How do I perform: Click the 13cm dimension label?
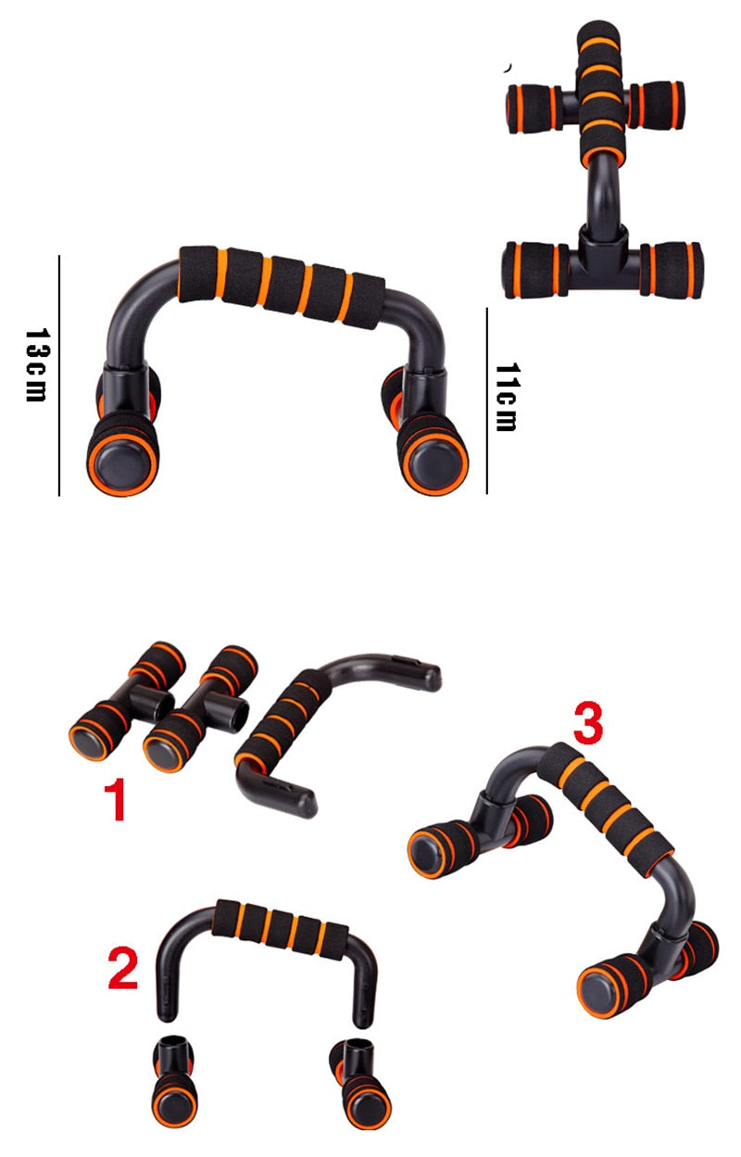[35, 364]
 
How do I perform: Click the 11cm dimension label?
[505, 397]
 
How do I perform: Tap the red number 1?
[114, 800]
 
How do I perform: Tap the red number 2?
[123, 969]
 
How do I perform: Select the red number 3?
[588, 723]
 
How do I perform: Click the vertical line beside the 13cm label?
[59, 375]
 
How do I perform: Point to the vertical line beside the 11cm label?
[487, 400]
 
